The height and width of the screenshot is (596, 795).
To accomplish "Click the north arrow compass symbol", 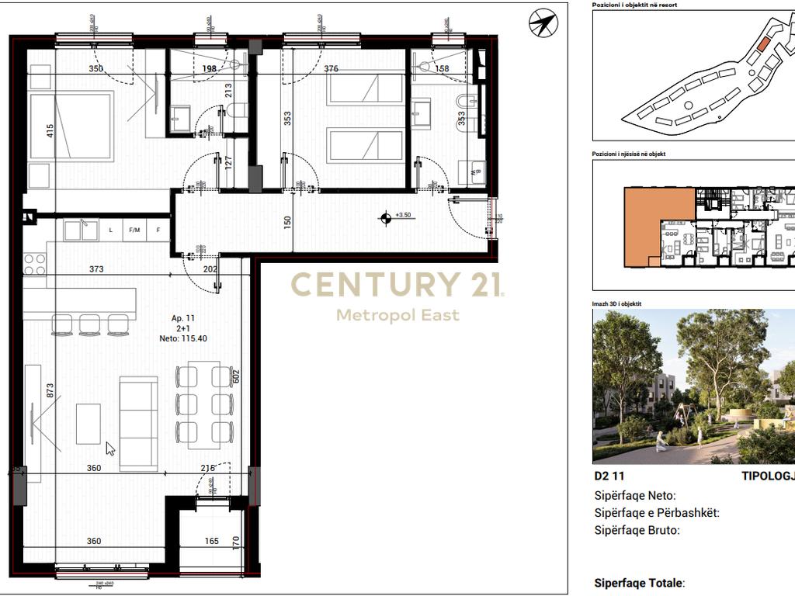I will (x=543, y=23).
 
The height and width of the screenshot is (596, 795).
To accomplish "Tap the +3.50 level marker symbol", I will (x=385, y=218).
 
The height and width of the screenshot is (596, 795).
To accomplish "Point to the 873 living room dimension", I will (x=50, y=390).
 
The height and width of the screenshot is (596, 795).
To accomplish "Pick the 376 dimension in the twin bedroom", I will (x=331, y=68).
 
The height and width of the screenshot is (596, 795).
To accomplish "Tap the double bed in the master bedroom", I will (x=72, y=127).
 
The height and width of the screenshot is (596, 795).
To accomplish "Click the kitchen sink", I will (x=81, y=230).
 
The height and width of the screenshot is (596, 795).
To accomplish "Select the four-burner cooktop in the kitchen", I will (x=35, y=265).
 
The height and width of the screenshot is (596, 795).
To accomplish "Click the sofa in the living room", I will (x=138, y=423).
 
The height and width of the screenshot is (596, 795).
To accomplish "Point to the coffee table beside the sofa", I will (x=89, y=424).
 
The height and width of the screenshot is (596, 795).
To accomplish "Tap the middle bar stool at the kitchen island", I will (x=90, y=324).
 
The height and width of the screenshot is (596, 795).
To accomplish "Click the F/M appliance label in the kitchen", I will (x=134, y=230).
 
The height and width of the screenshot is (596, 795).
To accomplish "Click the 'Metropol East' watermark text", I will (x=397, y=315).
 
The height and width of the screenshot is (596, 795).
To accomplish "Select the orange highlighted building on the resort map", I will (x=763, y=44).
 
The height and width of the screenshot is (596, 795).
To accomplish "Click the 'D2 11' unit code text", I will (x=609, y=476).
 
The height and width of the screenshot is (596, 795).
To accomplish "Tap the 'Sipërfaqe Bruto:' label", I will (x=637, y=531).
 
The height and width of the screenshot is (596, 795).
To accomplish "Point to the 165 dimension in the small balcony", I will (x=212, y=541).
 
